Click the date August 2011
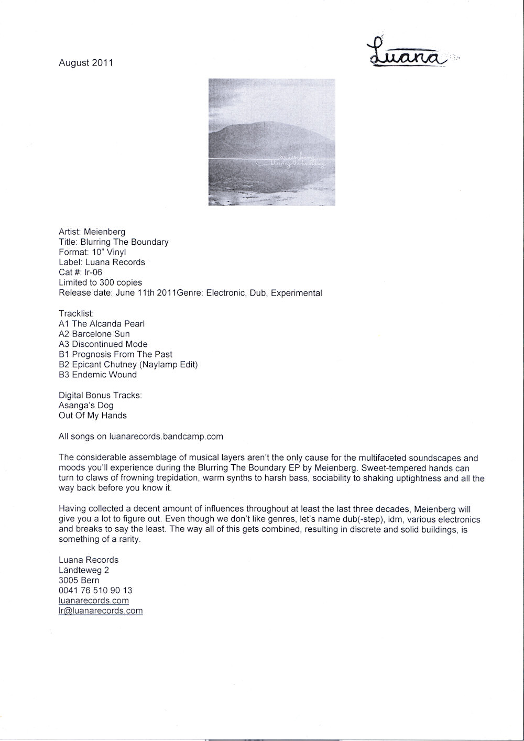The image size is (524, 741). tap(86, 63)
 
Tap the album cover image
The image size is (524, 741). tap(271, 142)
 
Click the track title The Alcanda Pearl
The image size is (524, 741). tap(108, 324)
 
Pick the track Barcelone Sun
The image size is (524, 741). tap(101, 334)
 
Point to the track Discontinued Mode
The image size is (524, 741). tap(110, 344)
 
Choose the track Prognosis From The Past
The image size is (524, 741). tap(122, 354)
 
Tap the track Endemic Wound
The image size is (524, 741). tap(104, 375)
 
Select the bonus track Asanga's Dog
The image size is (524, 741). tap(86, 406)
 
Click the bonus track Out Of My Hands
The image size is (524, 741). tap(93, 416)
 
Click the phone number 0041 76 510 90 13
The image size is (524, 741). tap(95, 591)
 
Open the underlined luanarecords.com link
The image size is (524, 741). tap(94, 601)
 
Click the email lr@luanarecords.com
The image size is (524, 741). tap(101, 611)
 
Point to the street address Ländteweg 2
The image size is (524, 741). tap(84, 570)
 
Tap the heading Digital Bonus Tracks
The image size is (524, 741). tap(100, 395)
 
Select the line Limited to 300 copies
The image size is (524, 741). tap(100, 282)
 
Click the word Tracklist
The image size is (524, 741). tap(76, 313)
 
